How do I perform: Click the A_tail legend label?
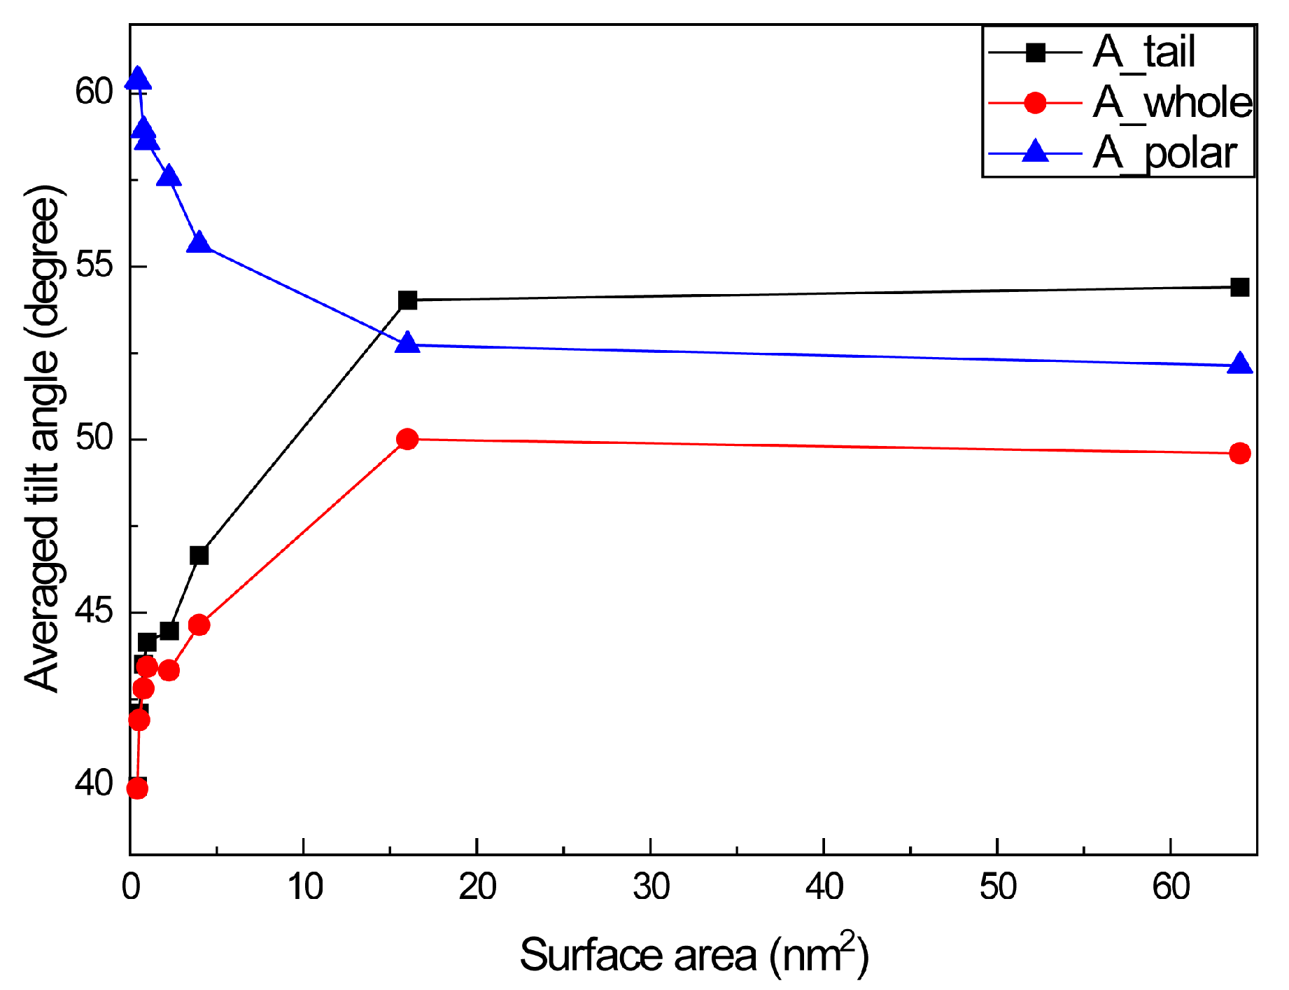tap(1143, 53)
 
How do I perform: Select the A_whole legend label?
tap(1172, 103)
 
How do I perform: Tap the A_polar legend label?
tap(1165, 153)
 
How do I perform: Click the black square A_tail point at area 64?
tap(1239, 287)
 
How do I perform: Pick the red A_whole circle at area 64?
tap(1239, 454)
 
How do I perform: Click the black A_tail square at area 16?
tap(407, 300)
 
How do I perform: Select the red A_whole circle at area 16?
tap(407, 439)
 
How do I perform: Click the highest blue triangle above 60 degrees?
tap(138, 79)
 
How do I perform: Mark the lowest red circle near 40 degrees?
tap(137, 789)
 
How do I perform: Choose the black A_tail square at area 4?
tap(199, 555)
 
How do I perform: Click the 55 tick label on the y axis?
tap(94, 266)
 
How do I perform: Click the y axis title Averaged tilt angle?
tap(43, 439)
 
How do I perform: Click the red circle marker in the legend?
tap(1035, 103)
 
